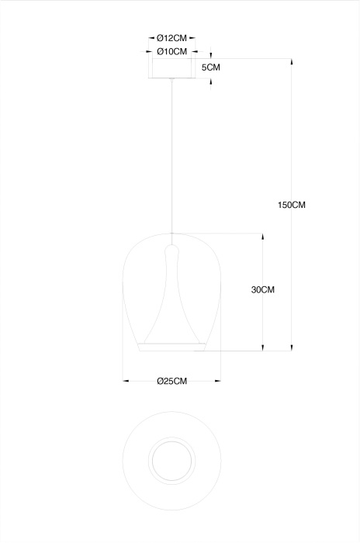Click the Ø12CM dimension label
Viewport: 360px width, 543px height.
point(171,38)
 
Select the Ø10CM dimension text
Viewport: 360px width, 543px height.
point(172,52)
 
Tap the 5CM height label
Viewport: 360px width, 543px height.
point(211,67)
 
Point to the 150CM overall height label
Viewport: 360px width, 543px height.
point(292,205)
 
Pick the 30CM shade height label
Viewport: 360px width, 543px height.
point(263,289)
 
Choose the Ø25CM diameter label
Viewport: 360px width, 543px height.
point(172,382)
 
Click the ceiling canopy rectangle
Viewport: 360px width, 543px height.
point(172,68)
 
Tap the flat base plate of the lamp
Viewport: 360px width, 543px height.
point(172,347)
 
